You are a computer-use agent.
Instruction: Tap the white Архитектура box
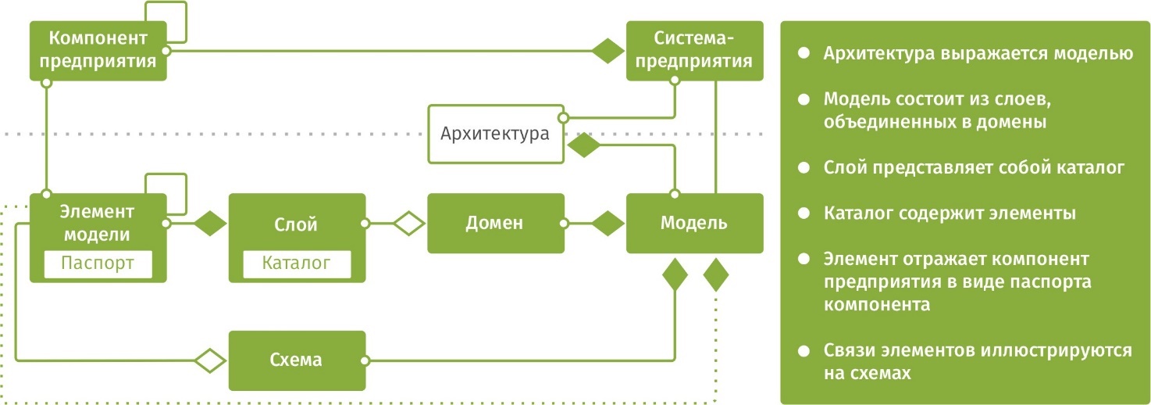tap(495, 134)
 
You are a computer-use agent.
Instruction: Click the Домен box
tap(495, 223)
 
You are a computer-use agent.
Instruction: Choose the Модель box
tap(694, 223)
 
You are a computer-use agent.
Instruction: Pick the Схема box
tap(296, 360)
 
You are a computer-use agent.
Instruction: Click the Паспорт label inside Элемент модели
tap(98, 263)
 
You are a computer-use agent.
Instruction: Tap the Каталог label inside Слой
tap(296, 263)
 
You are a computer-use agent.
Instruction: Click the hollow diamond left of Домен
tap(408, 224)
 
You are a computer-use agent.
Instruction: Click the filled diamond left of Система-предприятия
tap(608, 51)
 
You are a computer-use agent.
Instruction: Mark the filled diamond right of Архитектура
tap(583, 145)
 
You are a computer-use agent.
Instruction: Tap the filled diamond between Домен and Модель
tap(607, 224)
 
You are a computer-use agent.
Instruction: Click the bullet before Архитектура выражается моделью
tap(803, 54)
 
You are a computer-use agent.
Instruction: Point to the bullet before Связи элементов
tap(803, 350)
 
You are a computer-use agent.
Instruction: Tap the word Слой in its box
tap(296, 225)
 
